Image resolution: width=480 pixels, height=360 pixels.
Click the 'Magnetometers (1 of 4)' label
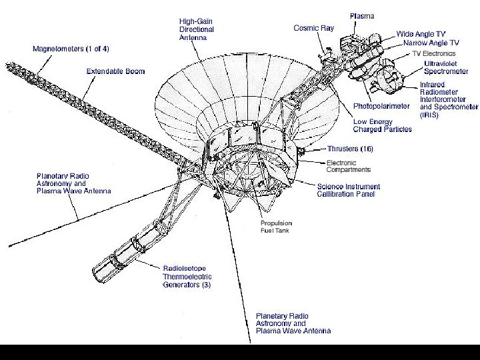[71, 49]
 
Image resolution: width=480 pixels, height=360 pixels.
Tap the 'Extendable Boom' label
[115, 71]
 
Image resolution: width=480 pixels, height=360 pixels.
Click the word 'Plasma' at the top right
[363, 15]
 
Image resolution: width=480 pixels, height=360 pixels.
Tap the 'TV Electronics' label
[433, 53]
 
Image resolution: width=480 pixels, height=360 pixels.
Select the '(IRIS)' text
[429, 115]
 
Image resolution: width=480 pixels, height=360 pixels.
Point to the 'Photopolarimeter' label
[381, 106]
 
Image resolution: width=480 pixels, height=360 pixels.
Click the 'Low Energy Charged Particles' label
[382, 125]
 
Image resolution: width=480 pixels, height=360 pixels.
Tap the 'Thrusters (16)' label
[350, 149]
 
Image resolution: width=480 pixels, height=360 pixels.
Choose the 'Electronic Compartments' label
[348, 166]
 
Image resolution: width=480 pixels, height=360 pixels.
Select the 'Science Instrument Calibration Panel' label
[348, 190]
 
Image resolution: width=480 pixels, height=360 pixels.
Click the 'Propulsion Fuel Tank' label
[275, 227]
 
